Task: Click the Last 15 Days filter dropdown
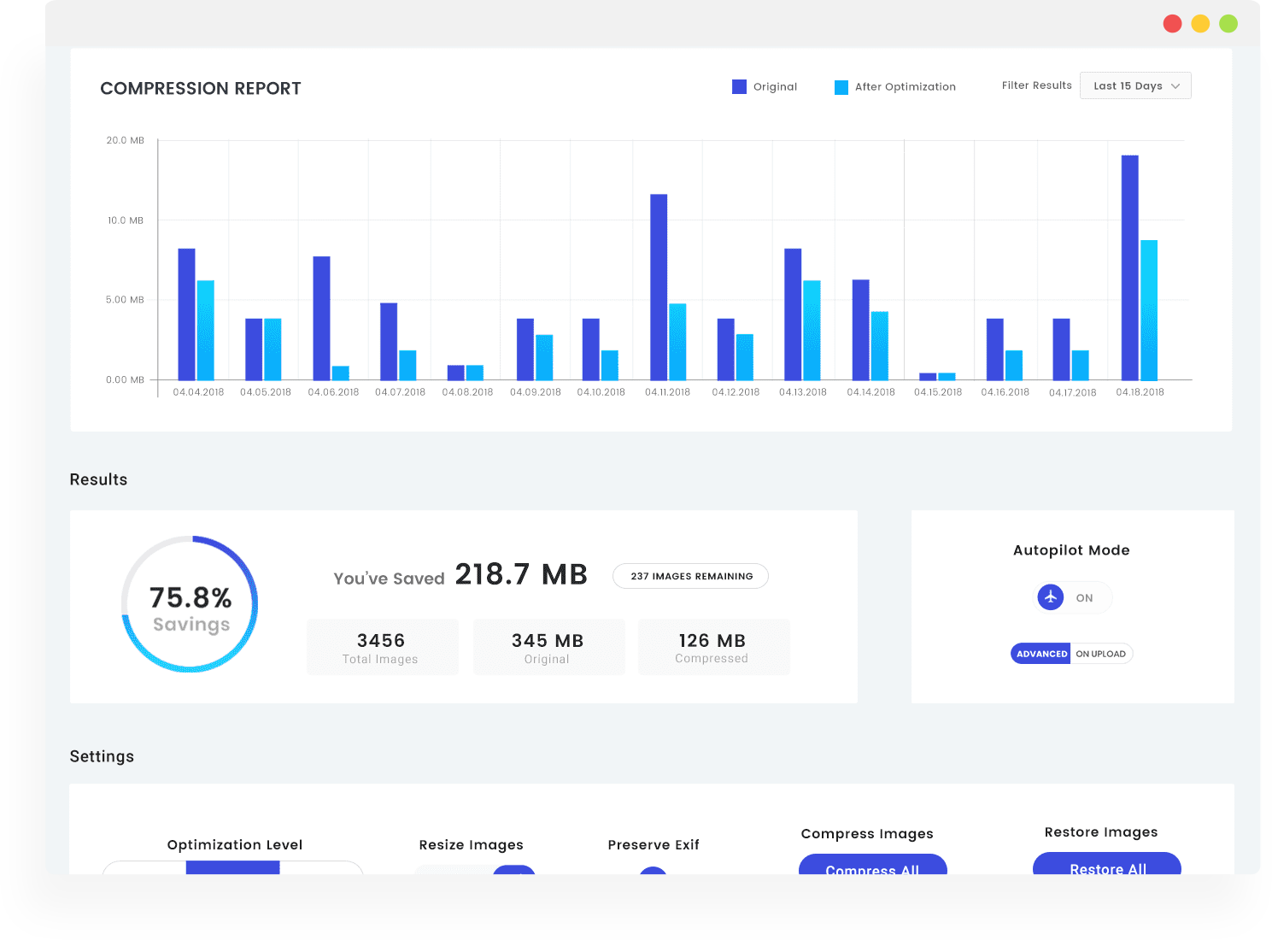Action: click(x=1135, y=85)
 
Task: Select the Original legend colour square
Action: click(x=739, y=86)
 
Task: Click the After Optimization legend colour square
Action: click(x=841, y=87)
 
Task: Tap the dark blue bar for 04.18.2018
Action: click(x=1130, y=267)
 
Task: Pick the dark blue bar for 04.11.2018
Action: click(x=659, y=287)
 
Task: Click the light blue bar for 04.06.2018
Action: click(x=341, y=373)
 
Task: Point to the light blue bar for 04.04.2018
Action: click(x=205, y=330)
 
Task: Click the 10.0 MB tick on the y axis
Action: click(x=126, y=220)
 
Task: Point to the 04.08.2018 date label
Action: click(x=467, y=392)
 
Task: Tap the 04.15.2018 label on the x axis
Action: click(x=938, y=392)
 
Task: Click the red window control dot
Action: click(x=1172, y=24)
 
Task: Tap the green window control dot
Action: click(x=1228, y=24)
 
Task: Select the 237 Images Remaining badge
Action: click(x=690, y=576)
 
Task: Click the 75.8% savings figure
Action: click(x=191, y=597)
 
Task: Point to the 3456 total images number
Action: click(x=381, y=640)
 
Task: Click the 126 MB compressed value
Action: click(x=712, y=640)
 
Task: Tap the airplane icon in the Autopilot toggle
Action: click(x=1051, y=596)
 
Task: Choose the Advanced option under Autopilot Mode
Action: click(x=1040, y=654)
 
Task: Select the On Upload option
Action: click(x=1100, y=654)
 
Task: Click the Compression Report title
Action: click(x=200, y=88)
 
